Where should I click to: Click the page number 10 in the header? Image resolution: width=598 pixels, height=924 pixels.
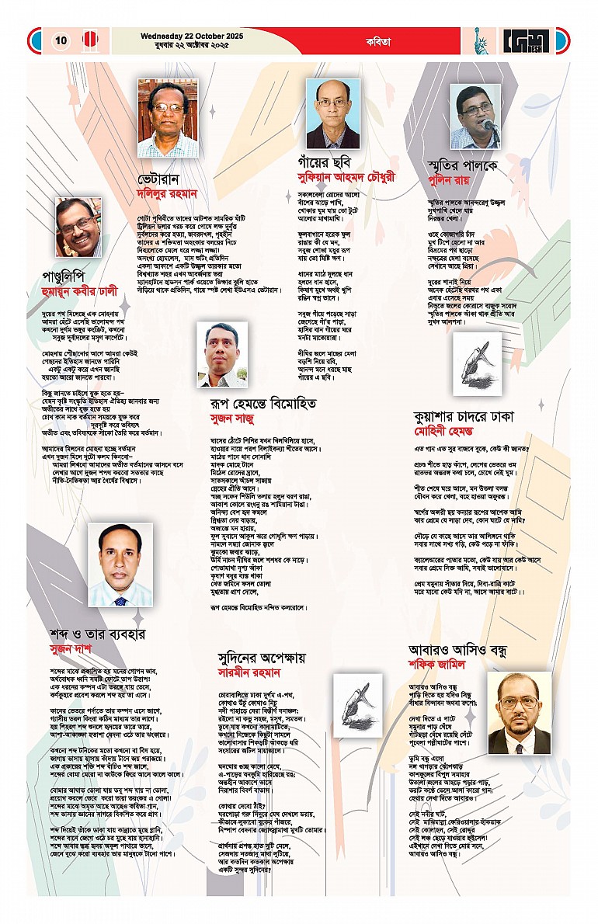pos(61,40)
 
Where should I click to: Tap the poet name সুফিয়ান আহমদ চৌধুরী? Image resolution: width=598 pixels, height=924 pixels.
pos(357,177)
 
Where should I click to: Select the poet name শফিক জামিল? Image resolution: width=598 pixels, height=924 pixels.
pos(441,665)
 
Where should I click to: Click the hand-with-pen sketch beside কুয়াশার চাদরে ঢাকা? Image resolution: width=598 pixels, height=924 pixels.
pos(477,363)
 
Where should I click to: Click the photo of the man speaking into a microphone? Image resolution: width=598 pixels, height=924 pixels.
pos(475,116)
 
